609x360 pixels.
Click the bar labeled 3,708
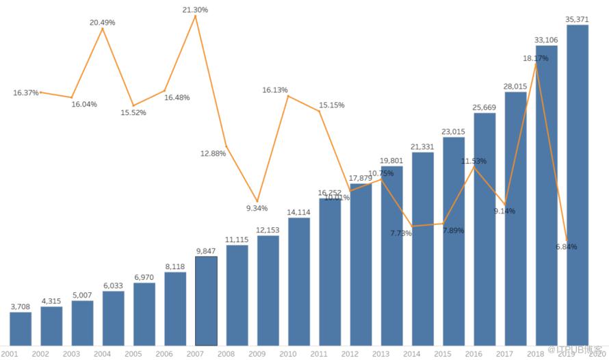click(x=21, y=329)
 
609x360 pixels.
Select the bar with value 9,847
click(x=206, y=301)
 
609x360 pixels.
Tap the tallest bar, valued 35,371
click(x=578, y=185)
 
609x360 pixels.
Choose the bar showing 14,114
click(x=299, y=281)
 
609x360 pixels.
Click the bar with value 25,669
click(x=484, y=229)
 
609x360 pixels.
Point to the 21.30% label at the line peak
click(x=195, y=10)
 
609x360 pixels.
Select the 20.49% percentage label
click(x=102, y=23)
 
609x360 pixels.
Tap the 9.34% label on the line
click(x=257, y=208)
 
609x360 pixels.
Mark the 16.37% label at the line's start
click(x=25, y=92)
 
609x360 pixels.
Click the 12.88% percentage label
click(x=213, y=153)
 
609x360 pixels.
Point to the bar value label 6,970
click(x=144, y=275)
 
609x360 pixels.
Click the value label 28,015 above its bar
click(x=515, y=86)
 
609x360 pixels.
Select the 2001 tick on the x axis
click(x=10, y=354)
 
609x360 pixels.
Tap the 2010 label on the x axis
click(x=288, y=354)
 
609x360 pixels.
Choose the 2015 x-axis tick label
click(x=443, y=354)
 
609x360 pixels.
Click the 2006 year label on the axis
click(x=164, y=354)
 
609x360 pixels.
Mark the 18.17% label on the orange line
click(x=535, y=58)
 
